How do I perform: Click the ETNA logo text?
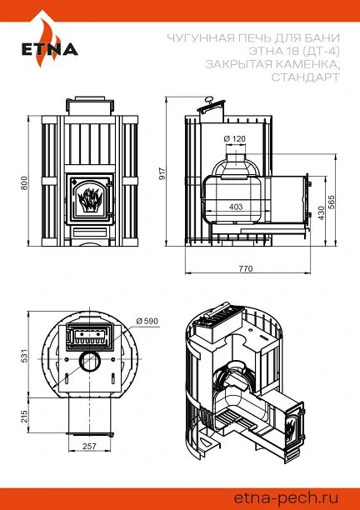[50, 49]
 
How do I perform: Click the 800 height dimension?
[24, 182]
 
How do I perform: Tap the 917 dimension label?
[162, 173]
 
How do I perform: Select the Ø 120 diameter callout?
[235, 139]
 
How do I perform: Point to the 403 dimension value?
[236, 207]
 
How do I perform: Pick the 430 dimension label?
[322, 212]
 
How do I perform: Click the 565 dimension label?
[332, 202]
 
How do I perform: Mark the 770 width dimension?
[246, 268]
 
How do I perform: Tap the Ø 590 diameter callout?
[147, 322]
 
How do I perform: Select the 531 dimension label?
[24, 356]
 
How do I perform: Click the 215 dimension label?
[24, 416]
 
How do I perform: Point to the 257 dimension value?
[89, 446]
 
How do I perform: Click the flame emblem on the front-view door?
[90, 199]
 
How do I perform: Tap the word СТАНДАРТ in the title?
[305, 77]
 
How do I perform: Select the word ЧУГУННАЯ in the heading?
[200, 38]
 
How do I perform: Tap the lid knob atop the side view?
[208, 99]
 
